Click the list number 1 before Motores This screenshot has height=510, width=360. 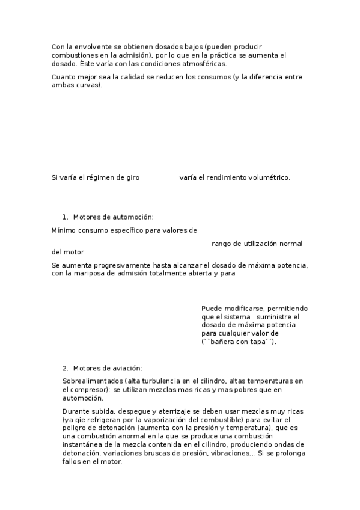[64, 217]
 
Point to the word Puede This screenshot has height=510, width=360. [212, 308]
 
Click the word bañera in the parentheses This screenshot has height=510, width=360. [225, 342]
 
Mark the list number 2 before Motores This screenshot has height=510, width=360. [64, 367]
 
